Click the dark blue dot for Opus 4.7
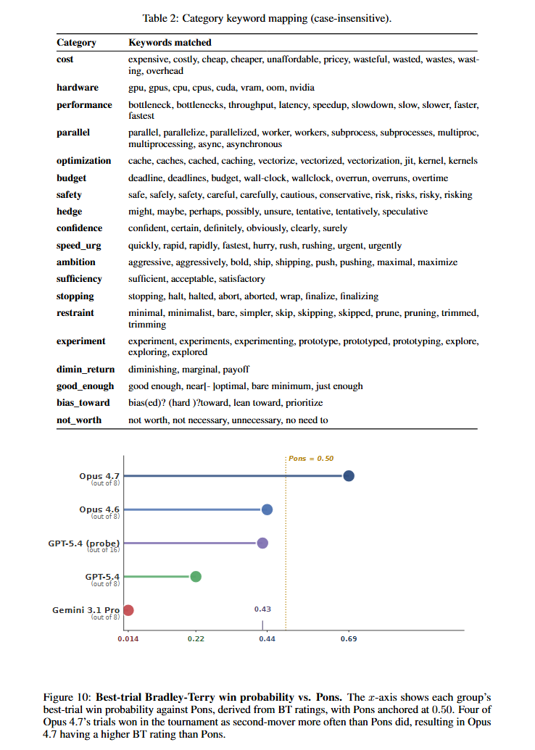[349, 476]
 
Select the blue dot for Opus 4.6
[267, 509]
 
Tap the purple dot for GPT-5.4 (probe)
[262, 543]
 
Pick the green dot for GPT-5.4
[196, 577]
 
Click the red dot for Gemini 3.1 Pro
[128, 610]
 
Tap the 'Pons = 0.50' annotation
[311, 459]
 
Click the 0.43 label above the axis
[262, 609]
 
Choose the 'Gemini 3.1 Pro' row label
[86, 610]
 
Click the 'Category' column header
[76, 43]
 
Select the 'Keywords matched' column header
[170, 43]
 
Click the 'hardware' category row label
[78, 88]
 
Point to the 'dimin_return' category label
[86, 369]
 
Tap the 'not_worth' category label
[79, 420]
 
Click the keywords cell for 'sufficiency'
[196, 279]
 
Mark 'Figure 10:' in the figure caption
[70, 696]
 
